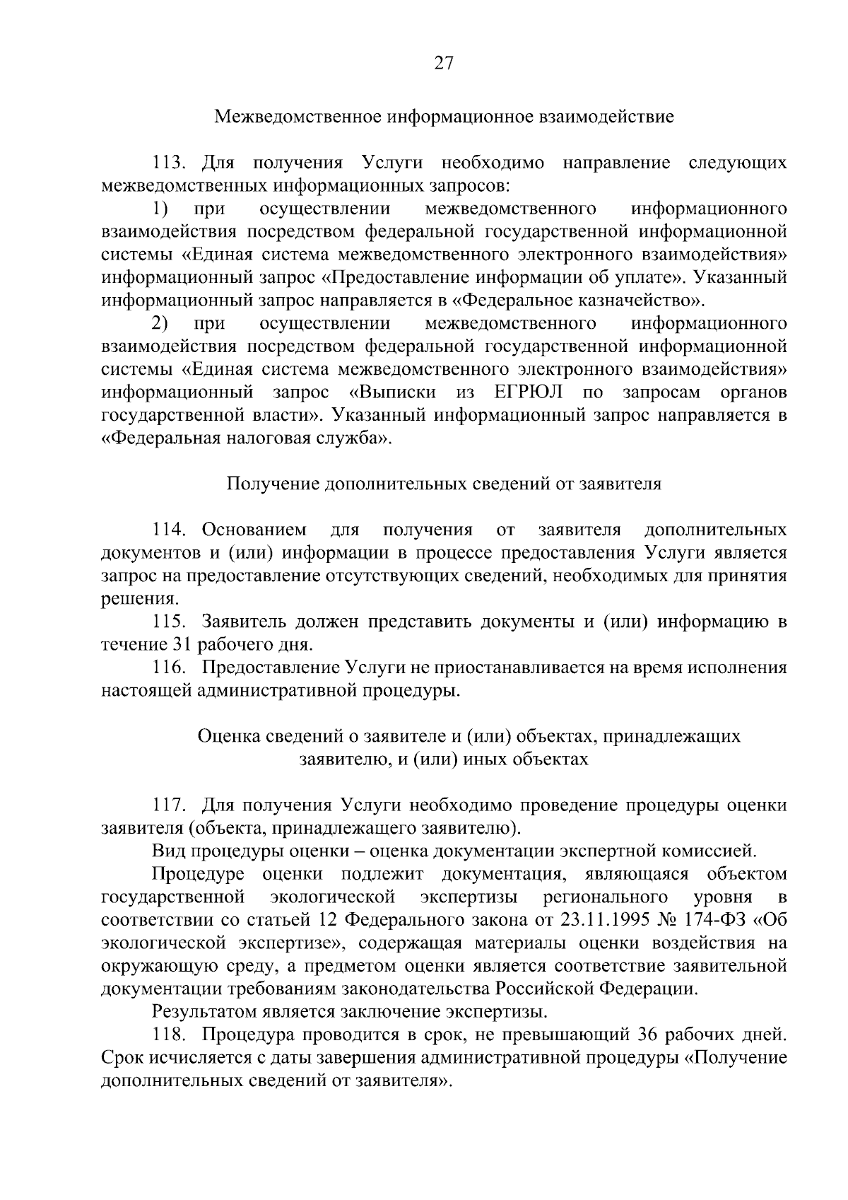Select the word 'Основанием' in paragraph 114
coord(254,530)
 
